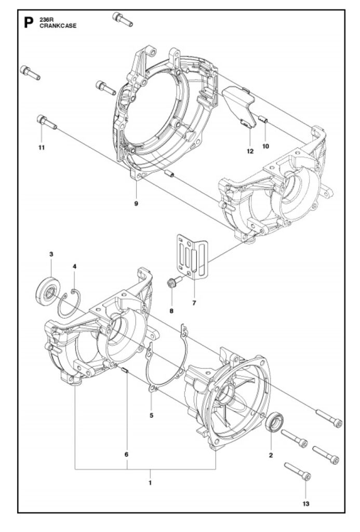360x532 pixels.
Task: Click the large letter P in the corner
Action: coord(29,23)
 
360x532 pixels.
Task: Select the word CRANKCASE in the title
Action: coord(58,26)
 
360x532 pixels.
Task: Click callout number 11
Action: coord(42,148)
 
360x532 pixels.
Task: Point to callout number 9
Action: coord(136,204)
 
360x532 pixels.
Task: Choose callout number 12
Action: coord(250,151)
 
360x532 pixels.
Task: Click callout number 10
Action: coord(265,146)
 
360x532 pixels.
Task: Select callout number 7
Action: coord(194,303)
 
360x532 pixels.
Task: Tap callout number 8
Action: coord(171,311)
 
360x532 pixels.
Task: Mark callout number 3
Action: coord(51,254)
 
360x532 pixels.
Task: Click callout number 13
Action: coord(306,504)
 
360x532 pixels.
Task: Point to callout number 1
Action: coord(150,483)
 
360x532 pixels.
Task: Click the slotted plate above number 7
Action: coord(192,257)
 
